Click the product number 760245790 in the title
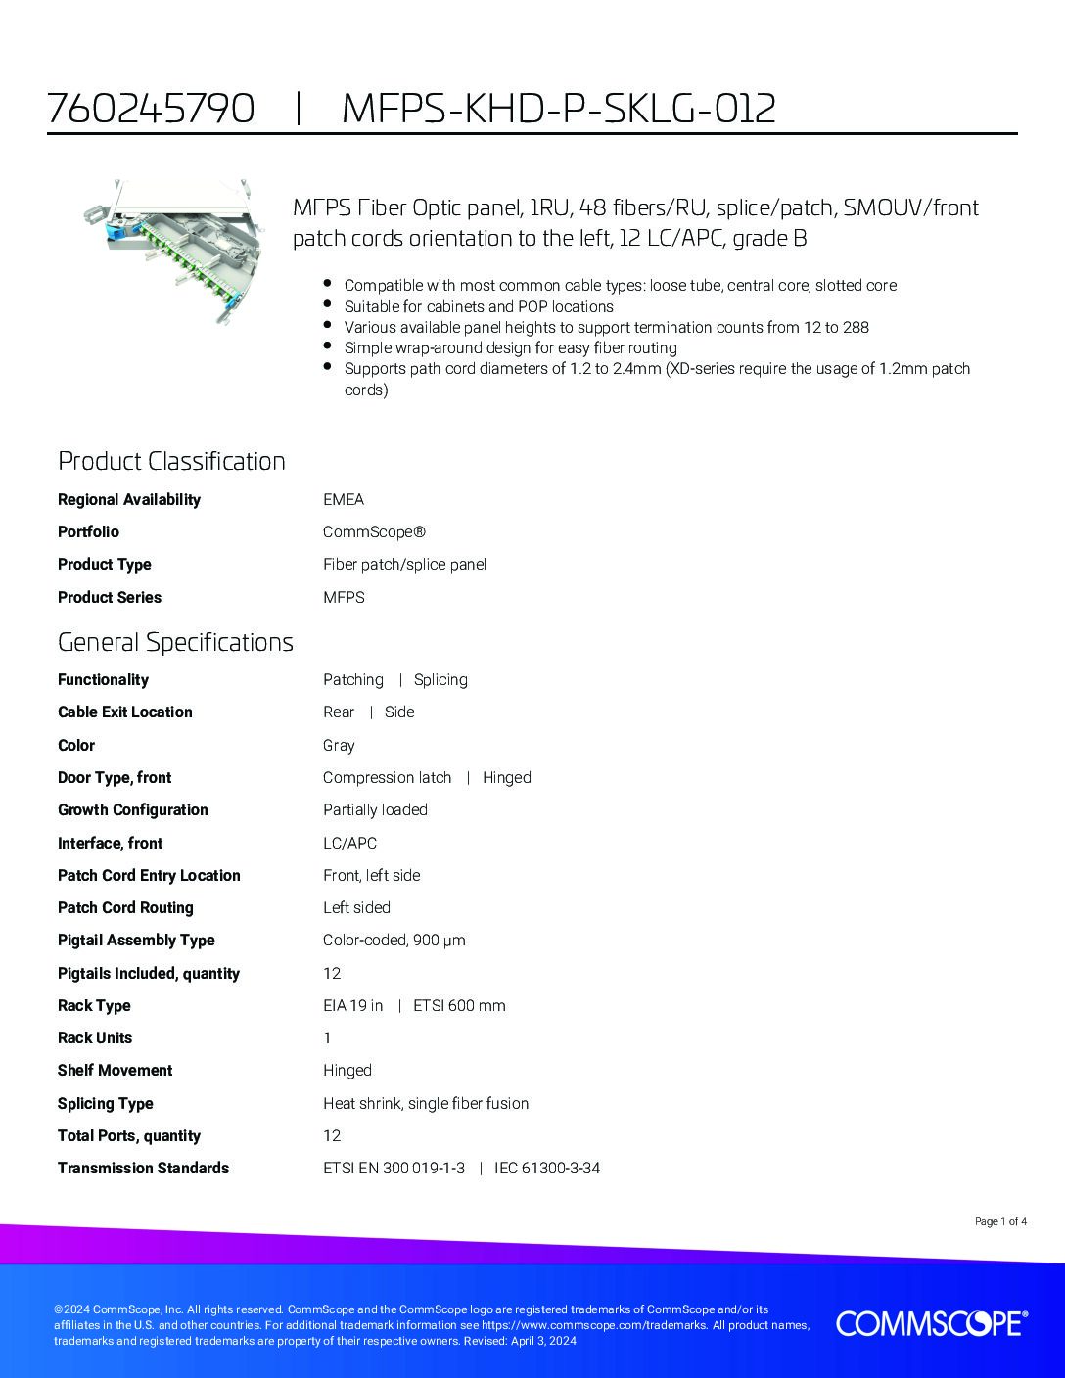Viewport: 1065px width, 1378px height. coord(151,109)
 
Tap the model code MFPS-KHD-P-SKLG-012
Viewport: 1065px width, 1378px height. coord(559,109)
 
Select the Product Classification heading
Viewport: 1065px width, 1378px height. coord(171,461)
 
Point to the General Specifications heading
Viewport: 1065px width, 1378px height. coord(175,642)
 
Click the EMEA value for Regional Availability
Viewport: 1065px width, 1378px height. coord(344,499)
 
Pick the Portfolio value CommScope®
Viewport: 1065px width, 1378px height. coord(374,532)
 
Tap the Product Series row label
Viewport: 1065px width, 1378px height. coord(110,597)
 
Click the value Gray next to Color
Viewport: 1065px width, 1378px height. coord(339,745)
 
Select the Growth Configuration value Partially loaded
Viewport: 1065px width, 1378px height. coord(375,810)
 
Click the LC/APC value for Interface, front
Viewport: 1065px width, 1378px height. coord(349,843)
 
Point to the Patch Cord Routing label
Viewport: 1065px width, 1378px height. coord(125,907)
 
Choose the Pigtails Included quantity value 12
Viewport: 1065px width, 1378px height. coord(332,973)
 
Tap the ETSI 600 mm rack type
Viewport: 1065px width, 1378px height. coord(459,1005)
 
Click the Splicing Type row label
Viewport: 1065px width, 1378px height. coord(106,1103)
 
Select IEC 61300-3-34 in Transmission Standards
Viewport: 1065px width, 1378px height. coord(547,1168)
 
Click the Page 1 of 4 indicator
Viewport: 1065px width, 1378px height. coord(1000,1221)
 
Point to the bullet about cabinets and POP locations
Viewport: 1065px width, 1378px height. coord(479,306)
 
